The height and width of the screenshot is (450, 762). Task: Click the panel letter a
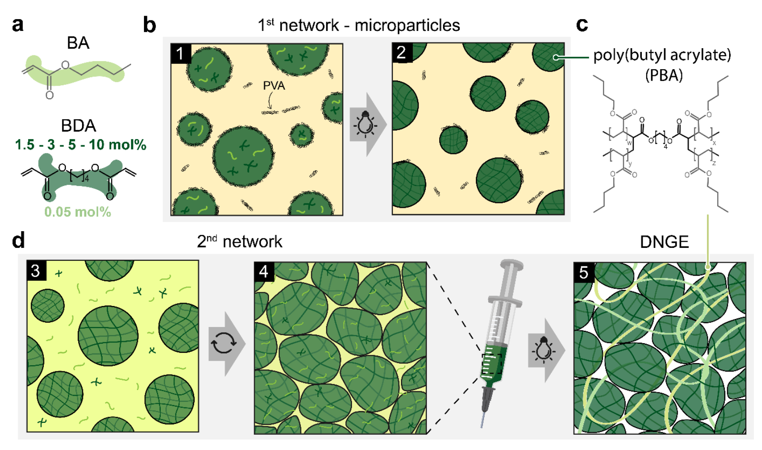[x=18, y=24]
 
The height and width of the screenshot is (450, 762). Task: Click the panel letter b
[x=150, y=24]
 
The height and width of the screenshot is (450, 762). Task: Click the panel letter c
[x=582, y=24]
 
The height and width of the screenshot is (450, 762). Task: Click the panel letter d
[x=18, y=241]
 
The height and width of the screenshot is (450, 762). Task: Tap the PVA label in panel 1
[x=274, y=86]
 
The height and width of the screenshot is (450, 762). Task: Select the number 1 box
[x=180, y=53]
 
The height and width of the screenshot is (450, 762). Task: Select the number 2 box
[x=402, y=52]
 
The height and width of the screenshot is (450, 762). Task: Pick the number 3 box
[x=36, y=271]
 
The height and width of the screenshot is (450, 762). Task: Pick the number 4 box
[x=264, y=272]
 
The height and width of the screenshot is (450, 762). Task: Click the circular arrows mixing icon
[x=224, y=343]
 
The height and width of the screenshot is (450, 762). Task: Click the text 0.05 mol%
[x=78, y=212]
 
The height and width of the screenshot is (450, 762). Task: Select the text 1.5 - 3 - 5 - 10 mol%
[x=81, y=145]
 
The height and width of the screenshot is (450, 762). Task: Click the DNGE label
[x=664, y=242]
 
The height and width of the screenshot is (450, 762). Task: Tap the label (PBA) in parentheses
[x=664, y=75]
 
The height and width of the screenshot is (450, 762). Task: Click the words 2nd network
[x=239, y=242]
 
